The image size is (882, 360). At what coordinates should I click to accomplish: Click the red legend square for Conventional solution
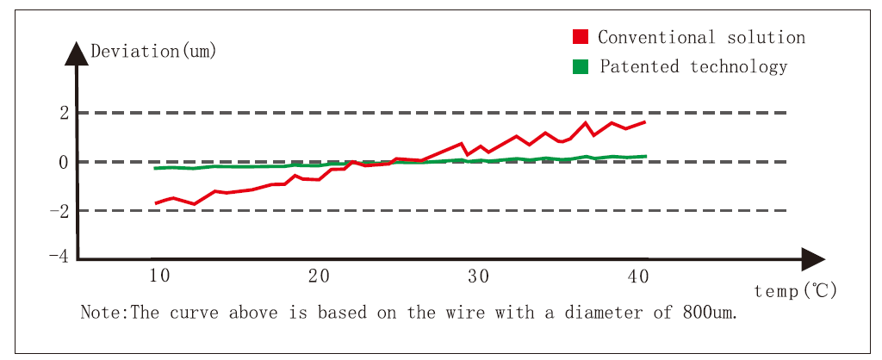click(x=581, y=37)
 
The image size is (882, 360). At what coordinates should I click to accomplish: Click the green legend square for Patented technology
click(x=581, y=66)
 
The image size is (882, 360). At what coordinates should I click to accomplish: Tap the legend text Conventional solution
click(x=701, y=37)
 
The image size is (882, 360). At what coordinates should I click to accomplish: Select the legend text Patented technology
click(x=693, y=66)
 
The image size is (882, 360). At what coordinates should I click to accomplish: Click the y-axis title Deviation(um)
click(x=153, y=51)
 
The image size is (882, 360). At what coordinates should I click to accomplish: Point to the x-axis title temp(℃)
click(x=795, y=291)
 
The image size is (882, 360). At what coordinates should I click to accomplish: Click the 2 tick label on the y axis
click(x=63, y=113)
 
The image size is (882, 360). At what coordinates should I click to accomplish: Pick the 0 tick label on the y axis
click(x=63, y=162)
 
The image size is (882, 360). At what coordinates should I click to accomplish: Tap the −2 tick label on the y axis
click(x=59, y=210)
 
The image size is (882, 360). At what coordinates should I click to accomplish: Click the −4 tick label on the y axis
click(x=59, y=257)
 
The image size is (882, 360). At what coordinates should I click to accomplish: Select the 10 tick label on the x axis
click(x=158, y=276)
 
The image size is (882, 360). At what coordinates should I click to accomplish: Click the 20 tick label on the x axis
click(x=319, y=276)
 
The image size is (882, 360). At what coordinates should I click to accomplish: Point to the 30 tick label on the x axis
click(x=478, y=276)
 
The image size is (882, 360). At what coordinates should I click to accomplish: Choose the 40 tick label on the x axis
click(x=638, y=276)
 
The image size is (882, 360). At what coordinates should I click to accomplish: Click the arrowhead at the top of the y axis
click(x=77, y=53)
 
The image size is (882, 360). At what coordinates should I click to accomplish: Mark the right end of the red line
click(x=644, y=121)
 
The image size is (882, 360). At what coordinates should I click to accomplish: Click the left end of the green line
click(x=155, y=168)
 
